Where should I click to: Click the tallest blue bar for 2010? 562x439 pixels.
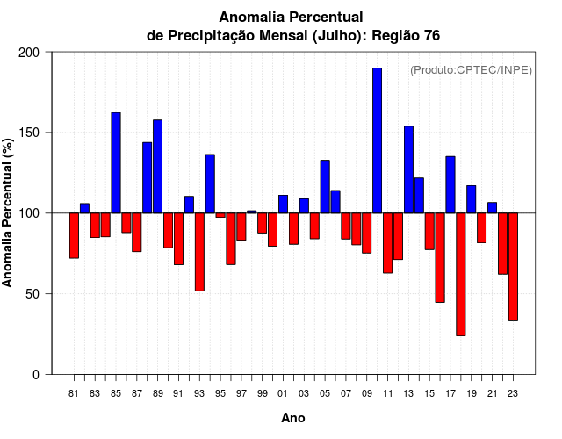click(377, 140)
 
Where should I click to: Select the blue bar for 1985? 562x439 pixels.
click(116, 162)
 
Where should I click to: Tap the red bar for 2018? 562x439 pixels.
click(460, 274)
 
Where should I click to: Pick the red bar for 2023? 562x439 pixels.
click(513, 267)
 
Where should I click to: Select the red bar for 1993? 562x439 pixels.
click(199, 252)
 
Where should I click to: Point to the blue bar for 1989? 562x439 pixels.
click(158, 166)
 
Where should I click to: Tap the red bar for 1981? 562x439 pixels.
click(74, 235)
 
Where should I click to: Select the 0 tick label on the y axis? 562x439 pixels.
click(36, 375)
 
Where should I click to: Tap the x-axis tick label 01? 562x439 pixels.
click(283, 394)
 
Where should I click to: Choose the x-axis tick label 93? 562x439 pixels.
click(199, 394)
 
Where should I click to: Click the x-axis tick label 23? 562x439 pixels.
click(513, 394)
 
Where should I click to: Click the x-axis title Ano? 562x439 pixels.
click(293, 419)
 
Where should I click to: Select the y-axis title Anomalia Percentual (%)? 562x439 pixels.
click(9, 213)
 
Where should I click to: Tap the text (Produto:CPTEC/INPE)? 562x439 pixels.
click(472, 69)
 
